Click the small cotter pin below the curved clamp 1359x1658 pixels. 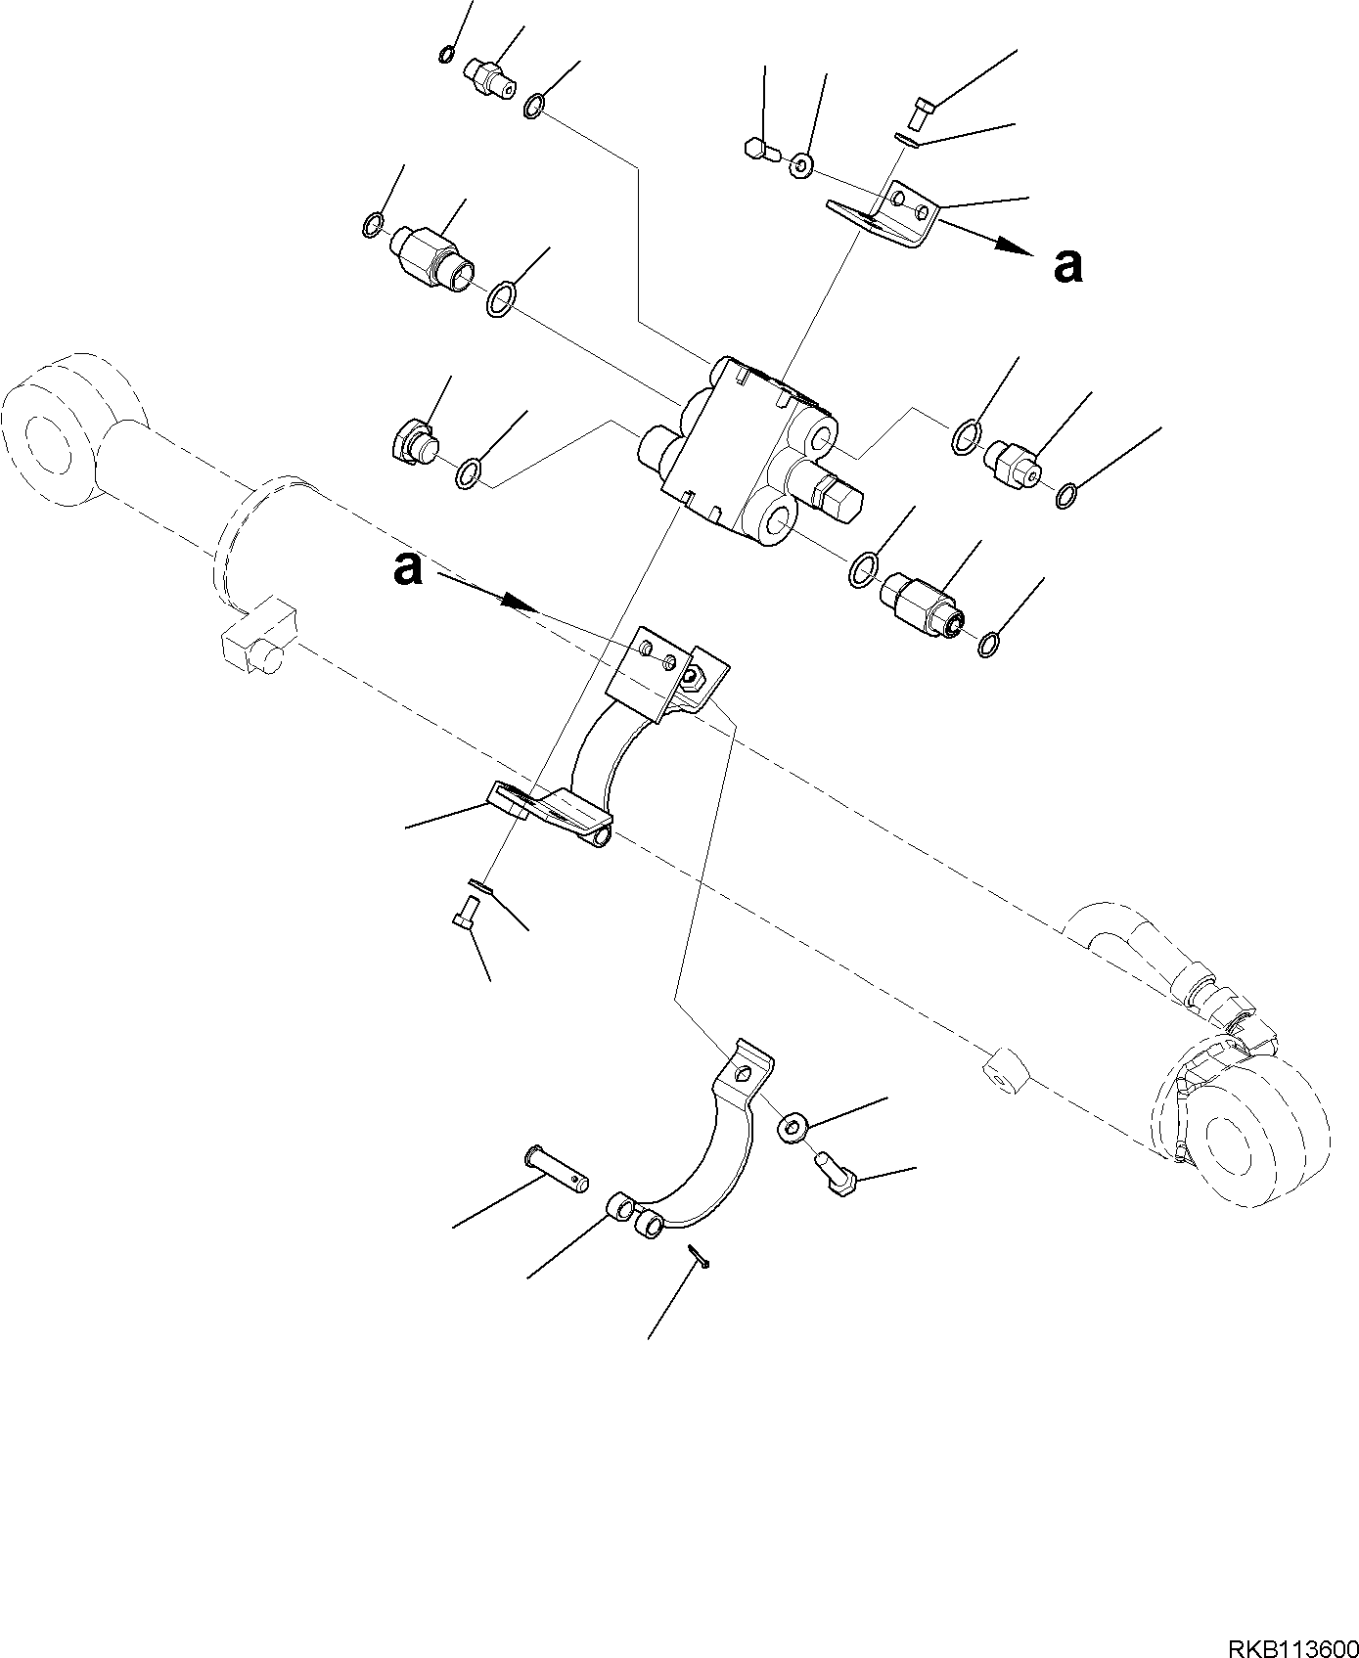699,1255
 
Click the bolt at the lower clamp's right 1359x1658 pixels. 835,1172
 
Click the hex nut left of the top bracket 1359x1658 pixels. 760,150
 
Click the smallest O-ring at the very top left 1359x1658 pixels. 446,55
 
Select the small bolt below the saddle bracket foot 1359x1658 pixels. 463,917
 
